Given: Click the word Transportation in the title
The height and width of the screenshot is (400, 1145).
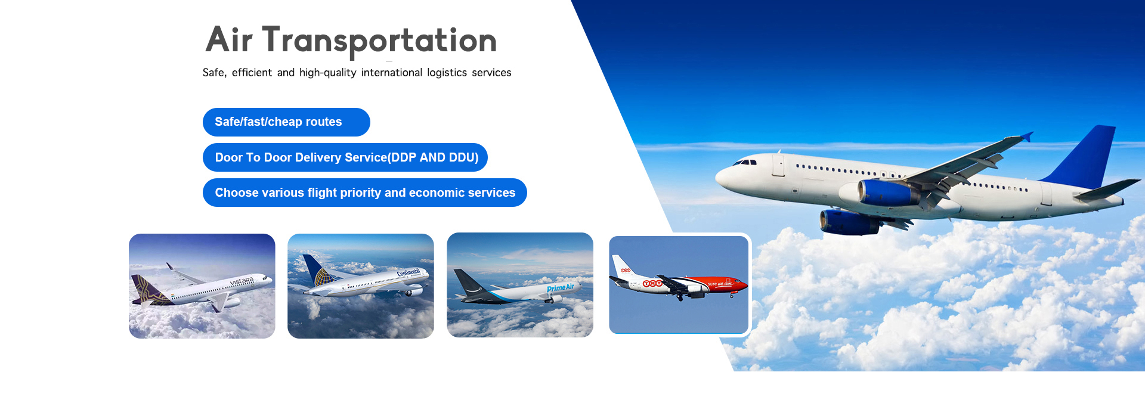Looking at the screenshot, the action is coord(379,41).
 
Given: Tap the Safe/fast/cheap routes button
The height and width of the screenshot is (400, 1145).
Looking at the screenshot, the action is coord(286,122).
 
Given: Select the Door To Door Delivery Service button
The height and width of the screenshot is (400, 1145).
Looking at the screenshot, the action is coord(345,157).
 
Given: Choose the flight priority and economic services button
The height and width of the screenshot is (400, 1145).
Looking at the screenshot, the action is coord(365,193).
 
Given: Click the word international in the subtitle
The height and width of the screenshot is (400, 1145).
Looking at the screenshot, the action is coord(391,73).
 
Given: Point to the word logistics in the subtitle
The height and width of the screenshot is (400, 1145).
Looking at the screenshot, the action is coord(447,73).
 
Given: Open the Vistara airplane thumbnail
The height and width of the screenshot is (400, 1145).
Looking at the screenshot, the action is coord(202,286).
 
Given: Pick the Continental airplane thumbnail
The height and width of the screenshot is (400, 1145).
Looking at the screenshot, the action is coord(361,286).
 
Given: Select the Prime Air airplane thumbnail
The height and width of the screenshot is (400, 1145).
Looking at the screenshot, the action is coord(520,285).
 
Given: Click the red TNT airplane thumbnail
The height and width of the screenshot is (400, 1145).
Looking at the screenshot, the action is coord(679,285).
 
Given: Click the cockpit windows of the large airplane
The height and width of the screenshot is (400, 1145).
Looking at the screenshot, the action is coord(745,162).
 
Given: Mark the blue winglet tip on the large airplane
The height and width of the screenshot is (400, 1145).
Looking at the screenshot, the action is coord(1027,137).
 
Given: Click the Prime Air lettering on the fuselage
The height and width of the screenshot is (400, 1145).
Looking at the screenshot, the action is coord(561,288).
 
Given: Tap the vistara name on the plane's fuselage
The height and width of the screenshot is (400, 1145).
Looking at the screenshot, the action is coord(242,281).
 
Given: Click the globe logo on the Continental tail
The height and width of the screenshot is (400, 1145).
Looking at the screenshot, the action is coord(322,277).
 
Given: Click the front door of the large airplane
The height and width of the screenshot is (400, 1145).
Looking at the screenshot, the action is coord(778,165).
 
